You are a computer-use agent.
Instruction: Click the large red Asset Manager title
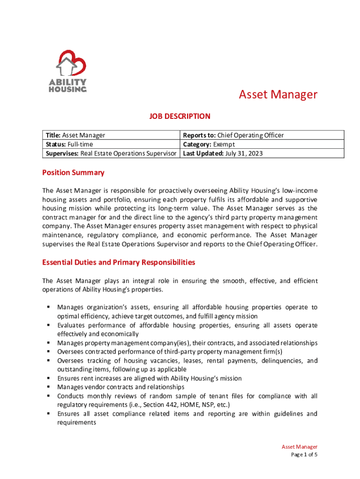278,94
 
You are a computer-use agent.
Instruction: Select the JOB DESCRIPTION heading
180,116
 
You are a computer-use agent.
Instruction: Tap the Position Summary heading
73,173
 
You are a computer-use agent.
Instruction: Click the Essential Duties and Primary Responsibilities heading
119,262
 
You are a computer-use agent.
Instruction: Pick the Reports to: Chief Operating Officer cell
233,135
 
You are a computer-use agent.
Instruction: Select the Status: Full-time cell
68,144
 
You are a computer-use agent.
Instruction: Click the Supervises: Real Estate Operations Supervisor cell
110,153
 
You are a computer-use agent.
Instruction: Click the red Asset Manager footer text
299,447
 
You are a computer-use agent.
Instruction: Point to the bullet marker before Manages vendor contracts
49,387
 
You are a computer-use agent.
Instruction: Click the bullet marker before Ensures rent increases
49,378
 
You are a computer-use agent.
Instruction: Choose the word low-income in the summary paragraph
300,190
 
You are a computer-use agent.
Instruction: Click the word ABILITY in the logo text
68,82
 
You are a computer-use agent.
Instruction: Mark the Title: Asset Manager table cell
74,135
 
